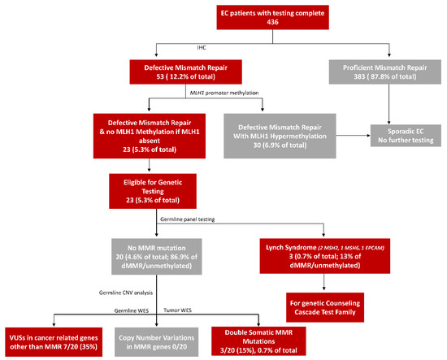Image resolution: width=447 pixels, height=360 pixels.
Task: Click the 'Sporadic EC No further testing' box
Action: [406, 133]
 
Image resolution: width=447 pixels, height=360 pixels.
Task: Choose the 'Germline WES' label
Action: [128, 310]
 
